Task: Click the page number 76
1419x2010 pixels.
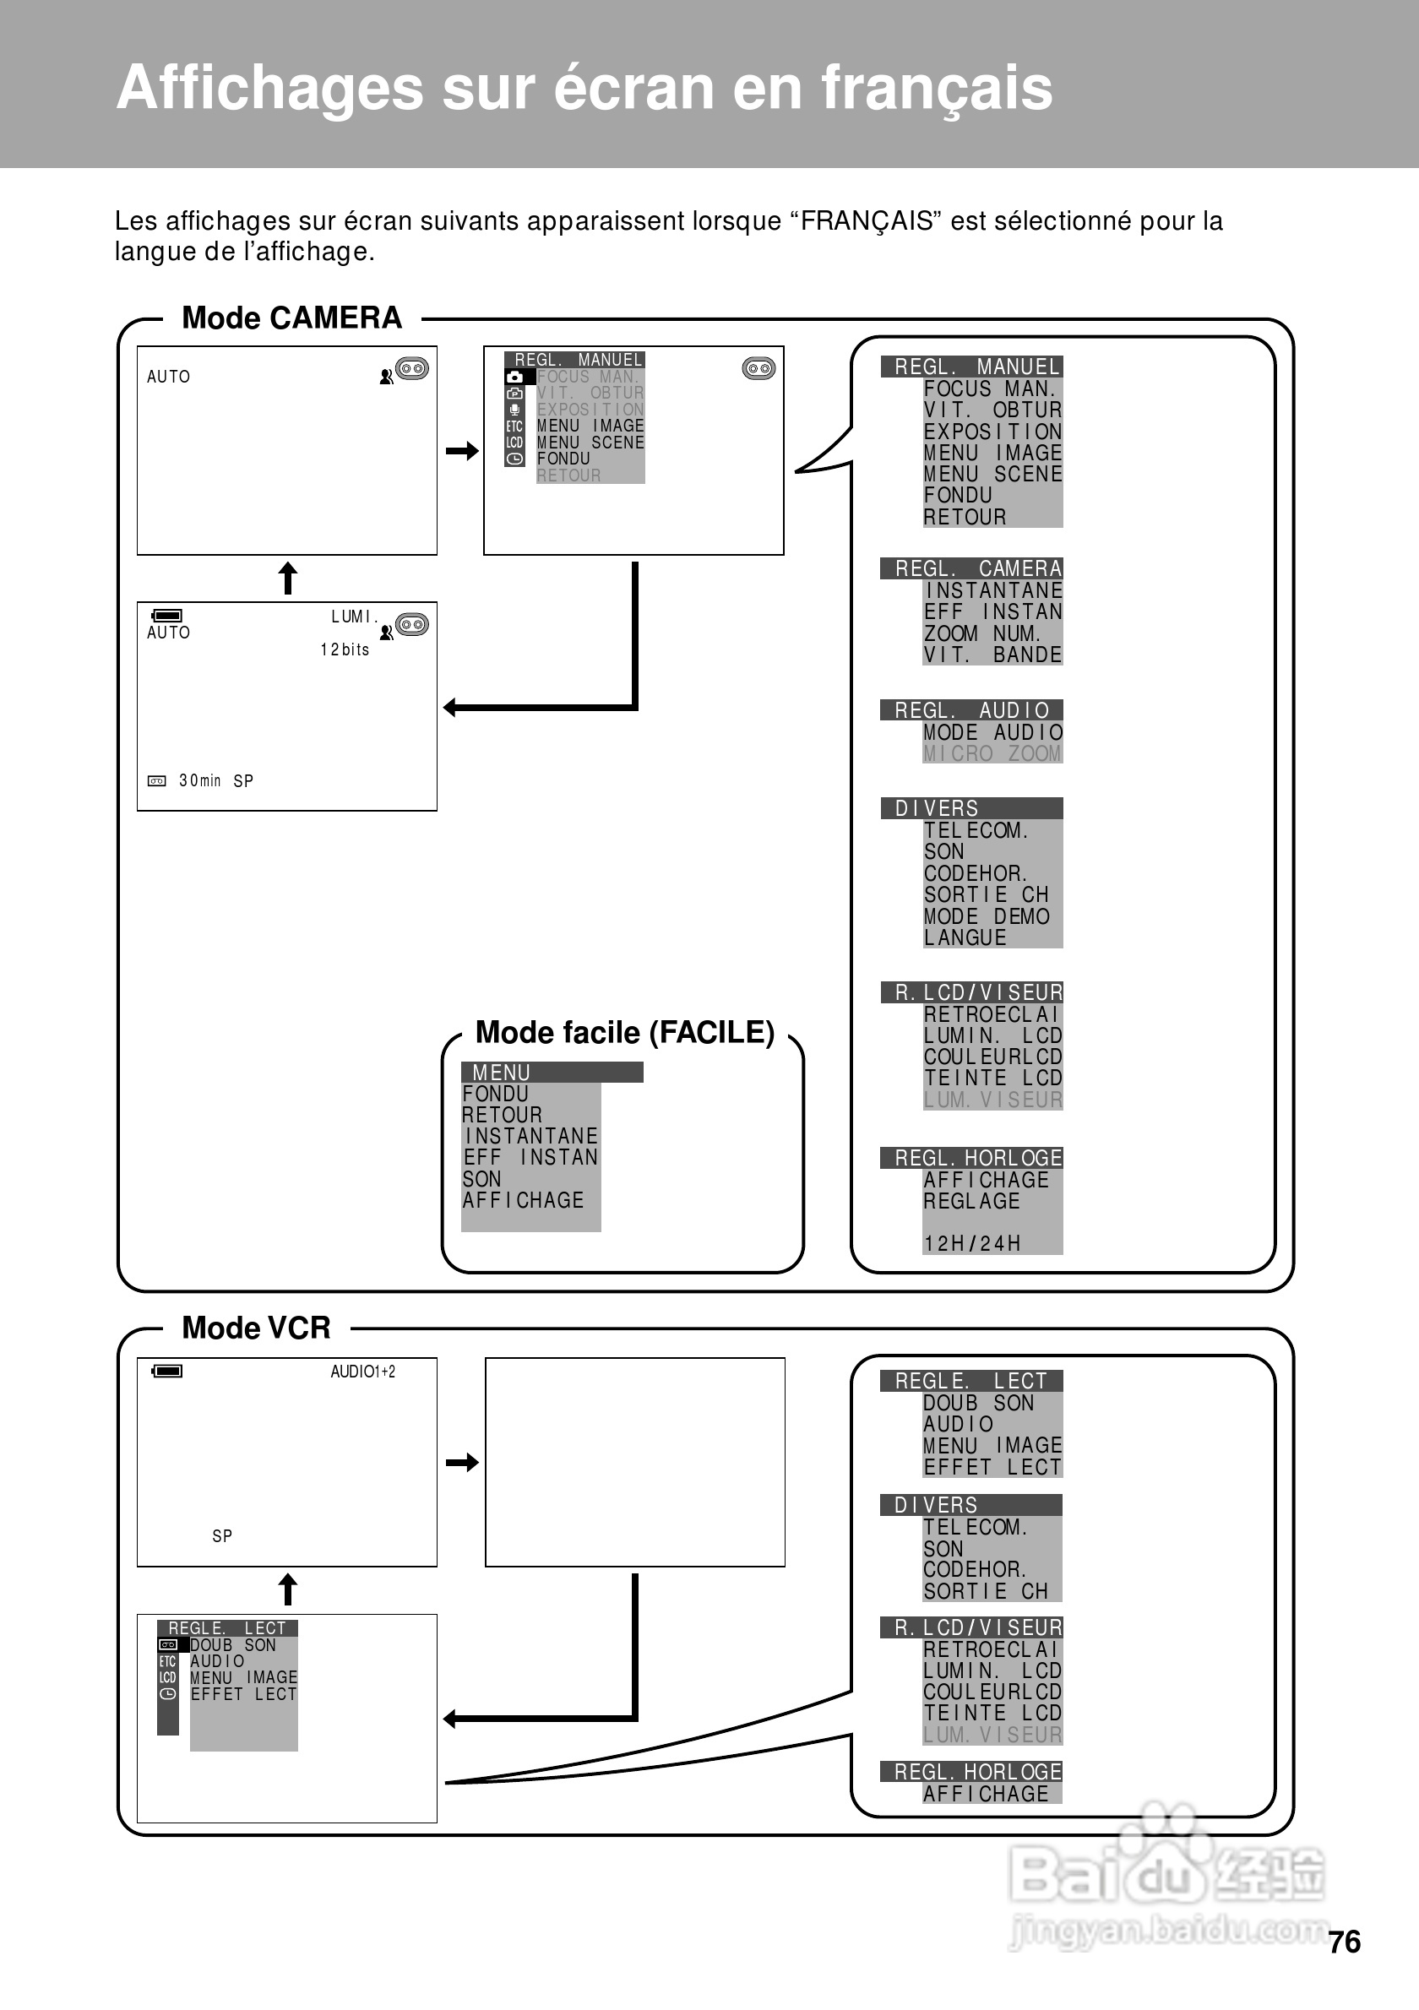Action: tap(1344, 1942)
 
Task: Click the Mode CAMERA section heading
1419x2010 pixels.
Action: tap(291, 318)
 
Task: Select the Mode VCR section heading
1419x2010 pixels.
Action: tap(256, 1328)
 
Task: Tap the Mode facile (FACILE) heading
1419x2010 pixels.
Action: tap(624, 1033)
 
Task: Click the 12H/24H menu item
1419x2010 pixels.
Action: tap(971, 1243)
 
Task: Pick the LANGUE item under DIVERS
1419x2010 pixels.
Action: tap(965, 937)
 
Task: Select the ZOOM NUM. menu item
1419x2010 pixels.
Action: tap(981, 633)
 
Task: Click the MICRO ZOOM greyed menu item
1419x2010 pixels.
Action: tap(992, 753)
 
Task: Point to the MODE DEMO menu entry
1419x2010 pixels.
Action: tap(987, 916)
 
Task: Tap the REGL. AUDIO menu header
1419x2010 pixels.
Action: tap(970, 710)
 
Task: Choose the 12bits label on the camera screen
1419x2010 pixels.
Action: tap(345, 649)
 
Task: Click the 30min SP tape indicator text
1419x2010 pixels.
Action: tap(215, 781)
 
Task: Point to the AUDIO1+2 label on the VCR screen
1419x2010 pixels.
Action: tap(362, 1372)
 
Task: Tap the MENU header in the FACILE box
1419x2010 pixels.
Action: tap(502, 1073)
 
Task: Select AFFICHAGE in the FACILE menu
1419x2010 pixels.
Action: tap(524, 1200)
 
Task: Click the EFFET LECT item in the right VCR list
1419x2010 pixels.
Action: tap(992, 1467)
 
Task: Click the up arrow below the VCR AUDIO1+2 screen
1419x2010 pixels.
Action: tap(287, 1589)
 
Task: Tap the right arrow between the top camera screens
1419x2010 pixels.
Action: tap(461, 451)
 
